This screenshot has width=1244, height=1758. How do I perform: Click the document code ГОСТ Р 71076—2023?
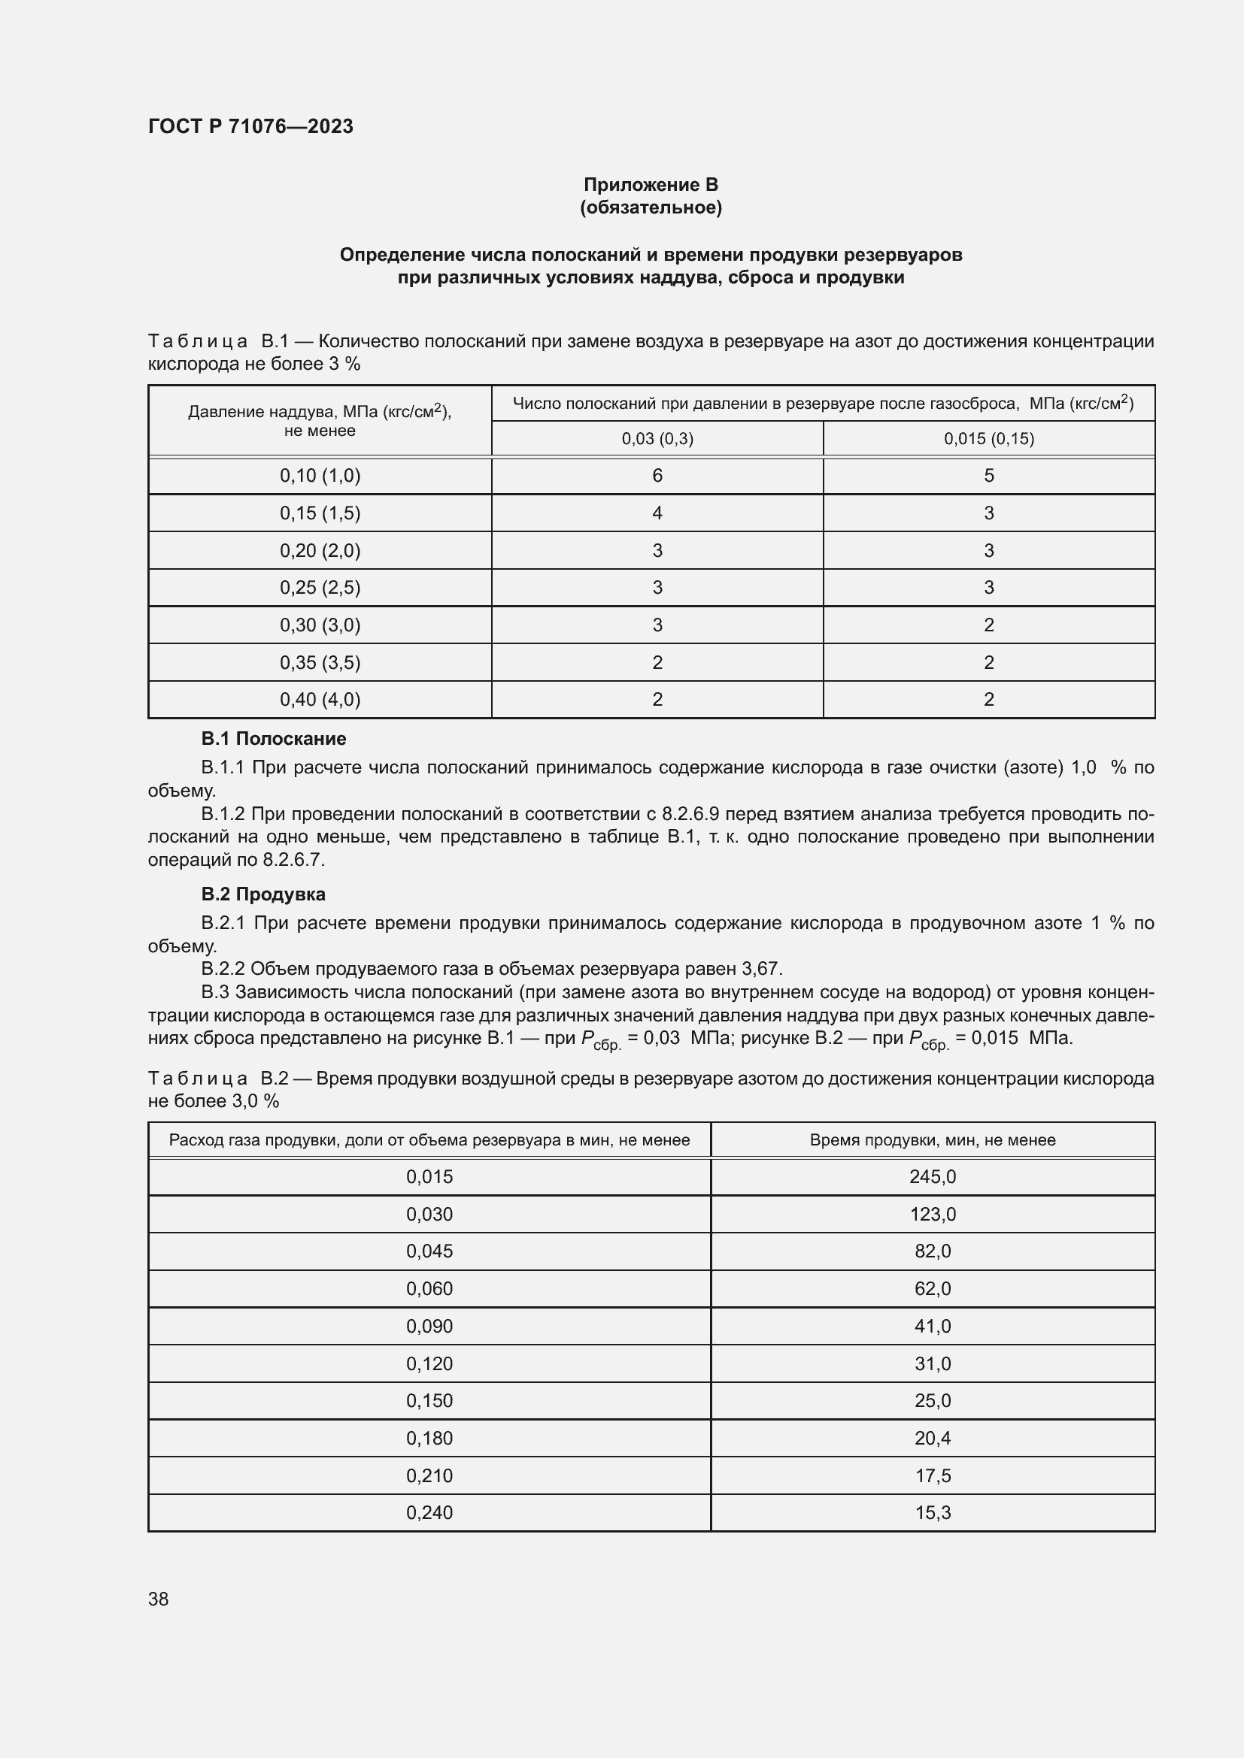(x=250, y=126)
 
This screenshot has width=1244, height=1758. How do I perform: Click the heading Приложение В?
(x=651, y=185)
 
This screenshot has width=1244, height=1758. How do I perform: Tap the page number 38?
(x=159, y=1599)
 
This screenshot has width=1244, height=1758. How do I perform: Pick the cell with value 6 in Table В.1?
(x=657, y=476)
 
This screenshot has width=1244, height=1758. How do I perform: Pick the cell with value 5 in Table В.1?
(x=988, y=476)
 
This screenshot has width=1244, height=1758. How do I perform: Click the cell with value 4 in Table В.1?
(x=657, y=513)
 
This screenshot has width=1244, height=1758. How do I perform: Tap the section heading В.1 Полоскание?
(x=274, y=739)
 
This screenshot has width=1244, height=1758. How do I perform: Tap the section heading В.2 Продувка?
(x=262, y=894)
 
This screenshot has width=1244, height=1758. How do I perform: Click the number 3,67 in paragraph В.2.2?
(x=761, y=969)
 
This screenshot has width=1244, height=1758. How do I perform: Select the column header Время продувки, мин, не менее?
(x=932, y=1140)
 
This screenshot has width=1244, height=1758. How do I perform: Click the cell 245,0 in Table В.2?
(x=932, y=1177)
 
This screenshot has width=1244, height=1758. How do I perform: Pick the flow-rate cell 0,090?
(x=429, y=1326)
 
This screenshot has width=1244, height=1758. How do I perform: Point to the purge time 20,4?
(x=932, y=1438)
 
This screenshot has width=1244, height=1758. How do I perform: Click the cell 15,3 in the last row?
(x=932, y=1512)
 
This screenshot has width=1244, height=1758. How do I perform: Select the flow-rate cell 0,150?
(x=429, y=1400)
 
